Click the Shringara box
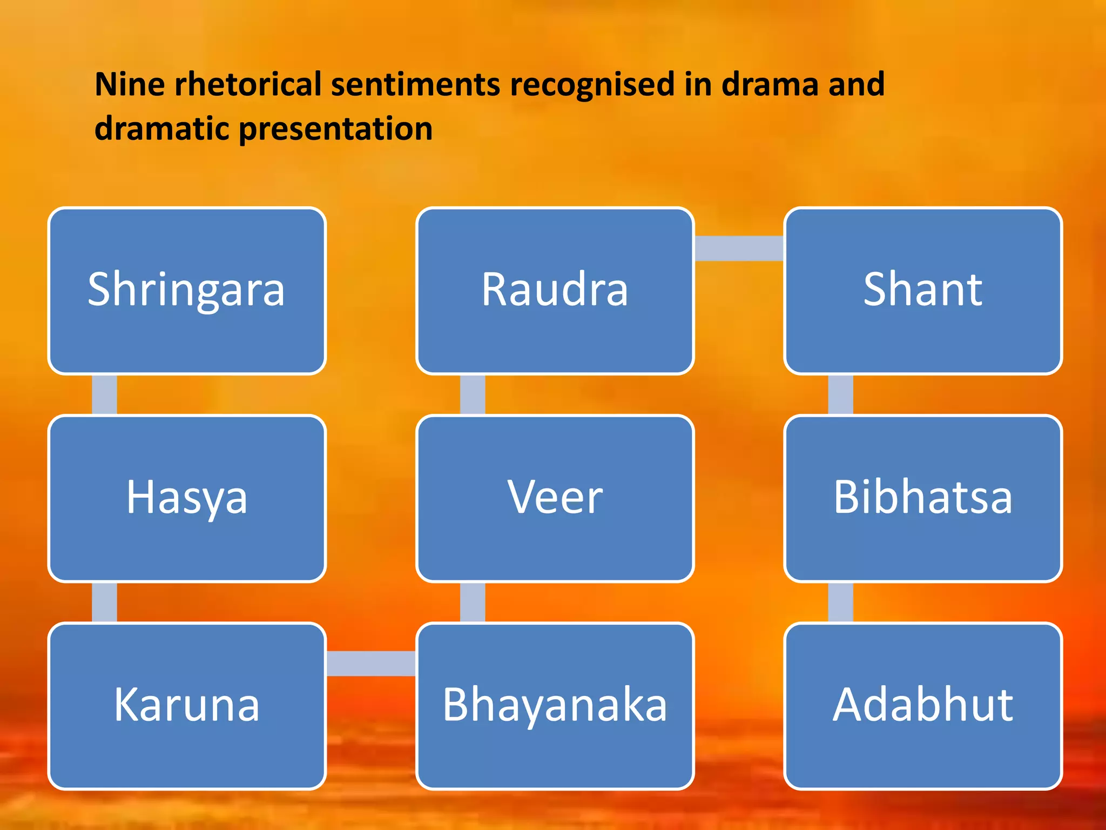click(187, 291)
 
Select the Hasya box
click(187, 498)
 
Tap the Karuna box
click(187, 706)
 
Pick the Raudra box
click(555, 291)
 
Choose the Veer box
click(555, 498)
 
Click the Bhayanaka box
click(555, 706)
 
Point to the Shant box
click(923, 291)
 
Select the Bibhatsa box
click(923, 498)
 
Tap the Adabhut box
click(923, 706)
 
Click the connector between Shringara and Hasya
click(104, 394)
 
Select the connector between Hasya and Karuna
click(104, 602)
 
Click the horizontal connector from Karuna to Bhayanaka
click(371, 663)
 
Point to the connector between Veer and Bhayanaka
click(473, 602)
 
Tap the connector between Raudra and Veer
click(473, 394)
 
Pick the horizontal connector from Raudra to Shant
click(739, 248)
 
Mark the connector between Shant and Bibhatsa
click(840, 394)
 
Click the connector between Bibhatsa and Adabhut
click(840, 602)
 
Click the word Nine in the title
click(129, 85)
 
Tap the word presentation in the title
click(335, 130)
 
